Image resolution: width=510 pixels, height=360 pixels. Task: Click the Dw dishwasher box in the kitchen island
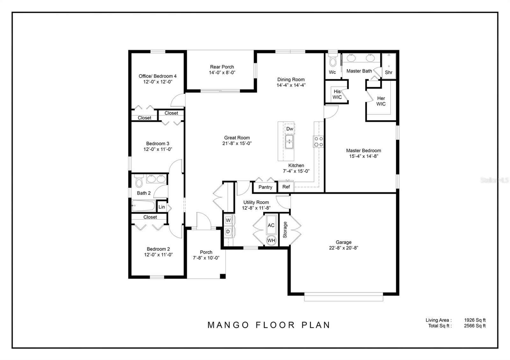(x=290, y=129)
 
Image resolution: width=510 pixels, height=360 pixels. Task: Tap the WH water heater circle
(x=271, y=241)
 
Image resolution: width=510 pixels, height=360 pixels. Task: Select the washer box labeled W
(x=228, y=220)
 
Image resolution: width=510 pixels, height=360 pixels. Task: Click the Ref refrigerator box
(x=286, y=187)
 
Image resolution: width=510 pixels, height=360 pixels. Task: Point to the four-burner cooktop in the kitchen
(x=318, y=141)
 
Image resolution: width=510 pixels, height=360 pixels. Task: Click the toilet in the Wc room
(x=333, y=60)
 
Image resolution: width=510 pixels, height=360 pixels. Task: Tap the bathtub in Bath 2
(x=144, y=206)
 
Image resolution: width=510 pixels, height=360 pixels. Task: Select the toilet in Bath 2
(x=139, y=181)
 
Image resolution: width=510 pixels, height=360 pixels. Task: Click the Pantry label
(x=265, y=187)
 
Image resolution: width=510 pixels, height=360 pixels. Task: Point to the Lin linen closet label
(x=162, y=207)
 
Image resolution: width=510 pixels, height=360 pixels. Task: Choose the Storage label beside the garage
(x=285, y=230)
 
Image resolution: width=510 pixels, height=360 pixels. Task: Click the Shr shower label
(x=389, y=72)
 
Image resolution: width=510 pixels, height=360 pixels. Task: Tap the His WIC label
(x=337, y=94)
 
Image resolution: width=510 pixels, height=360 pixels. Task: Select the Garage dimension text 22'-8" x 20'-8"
(x=344, y=248)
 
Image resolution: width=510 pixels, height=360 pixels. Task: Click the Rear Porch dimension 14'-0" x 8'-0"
(x=222, y=73)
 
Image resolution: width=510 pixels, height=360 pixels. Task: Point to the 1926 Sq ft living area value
(x=475, y=320)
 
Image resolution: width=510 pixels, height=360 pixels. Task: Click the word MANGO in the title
(x=228, y=325)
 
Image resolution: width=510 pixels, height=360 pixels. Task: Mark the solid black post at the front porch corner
(x=223, y=276)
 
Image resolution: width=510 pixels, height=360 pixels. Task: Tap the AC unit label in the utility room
(x=271, y=225)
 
